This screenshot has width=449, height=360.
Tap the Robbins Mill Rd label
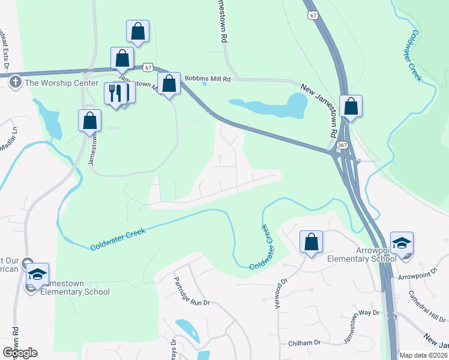tap(208, 78)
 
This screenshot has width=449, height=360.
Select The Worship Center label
tap(60, 83)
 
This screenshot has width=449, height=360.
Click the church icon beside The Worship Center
tap(16, 82)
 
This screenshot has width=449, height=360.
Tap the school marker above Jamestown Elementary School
tap(37, 274)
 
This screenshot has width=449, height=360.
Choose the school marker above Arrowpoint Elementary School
tap(401, 243)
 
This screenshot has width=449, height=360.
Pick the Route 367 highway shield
tap(342, 145)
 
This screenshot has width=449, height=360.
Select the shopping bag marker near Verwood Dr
tap(311, 242)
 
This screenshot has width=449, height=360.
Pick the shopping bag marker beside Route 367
tap(351, 107)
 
